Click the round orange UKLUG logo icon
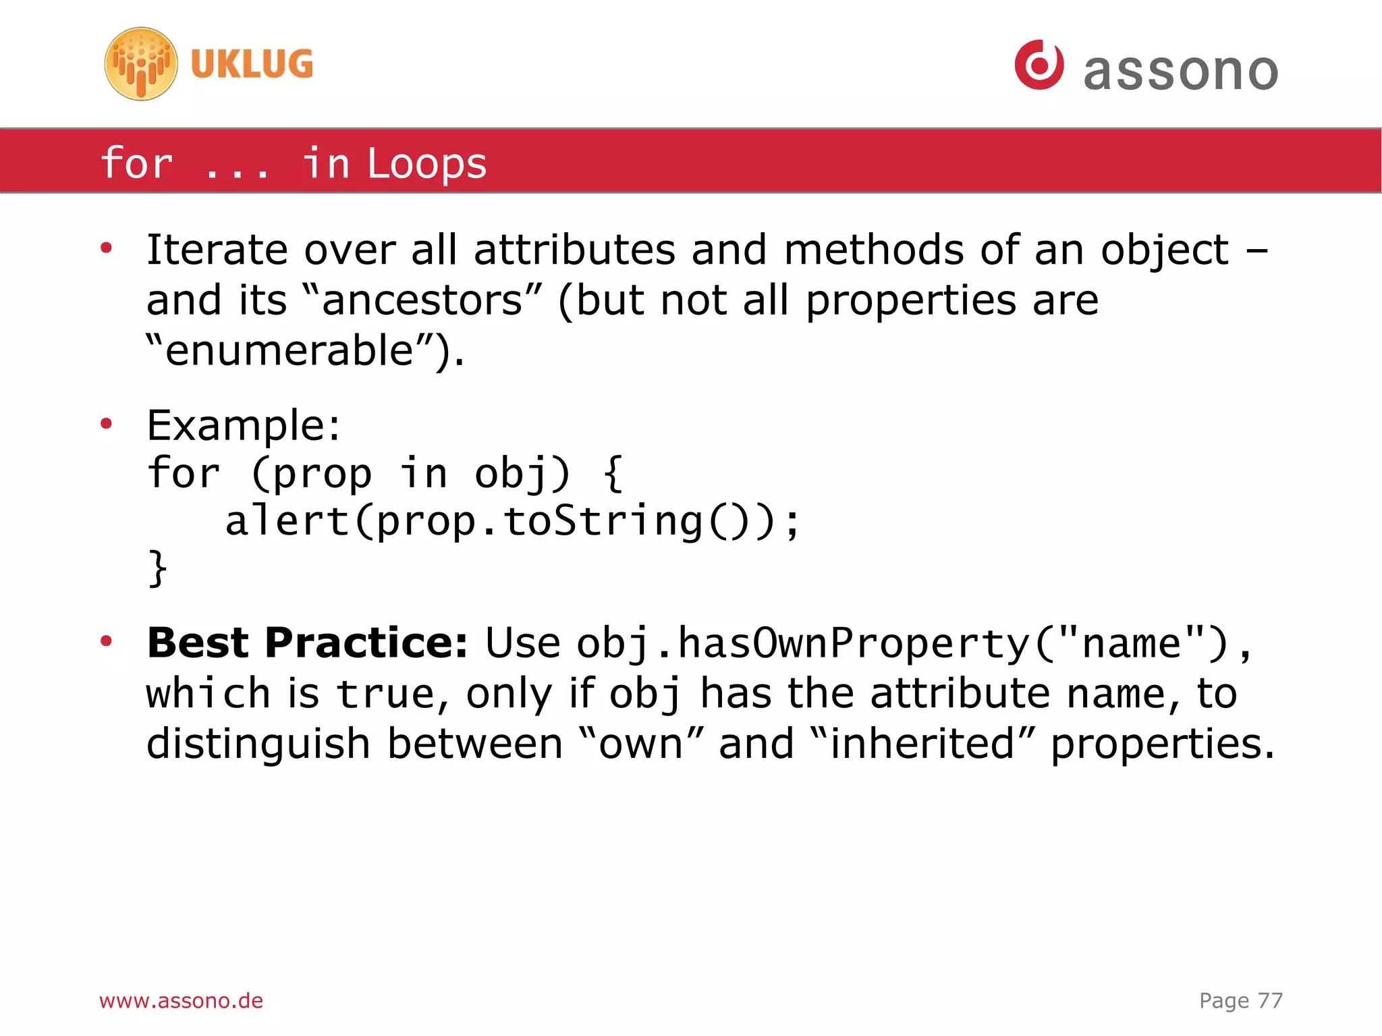click(x=141, y=64)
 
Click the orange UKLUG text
click(x=252, y=64)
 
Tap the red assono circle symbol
click(x=1039, y=65)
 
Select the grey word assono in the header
click(x=1181, y=71)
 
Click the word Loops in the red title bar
click(x=426, y=164)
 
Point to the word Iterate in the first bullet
click(x=217, y=250)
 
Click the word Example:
click(x=244, y=426)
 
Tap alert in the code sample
click(x=287, y=522)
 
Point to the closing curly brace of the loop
click(x=157, y=568)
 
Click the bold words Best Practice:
click(x=307, y=643)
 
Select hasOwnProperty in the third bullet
click(x=853, y=643)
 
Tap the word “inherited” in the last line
click(x=922, y=744)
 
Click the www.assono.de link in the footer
click(x=181, y=1000)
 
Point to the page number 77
click(x=1270, y=1000)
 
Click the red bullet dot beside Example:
click(x=106, y=425)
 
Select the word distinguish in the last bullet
click(x=258, y=744)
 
